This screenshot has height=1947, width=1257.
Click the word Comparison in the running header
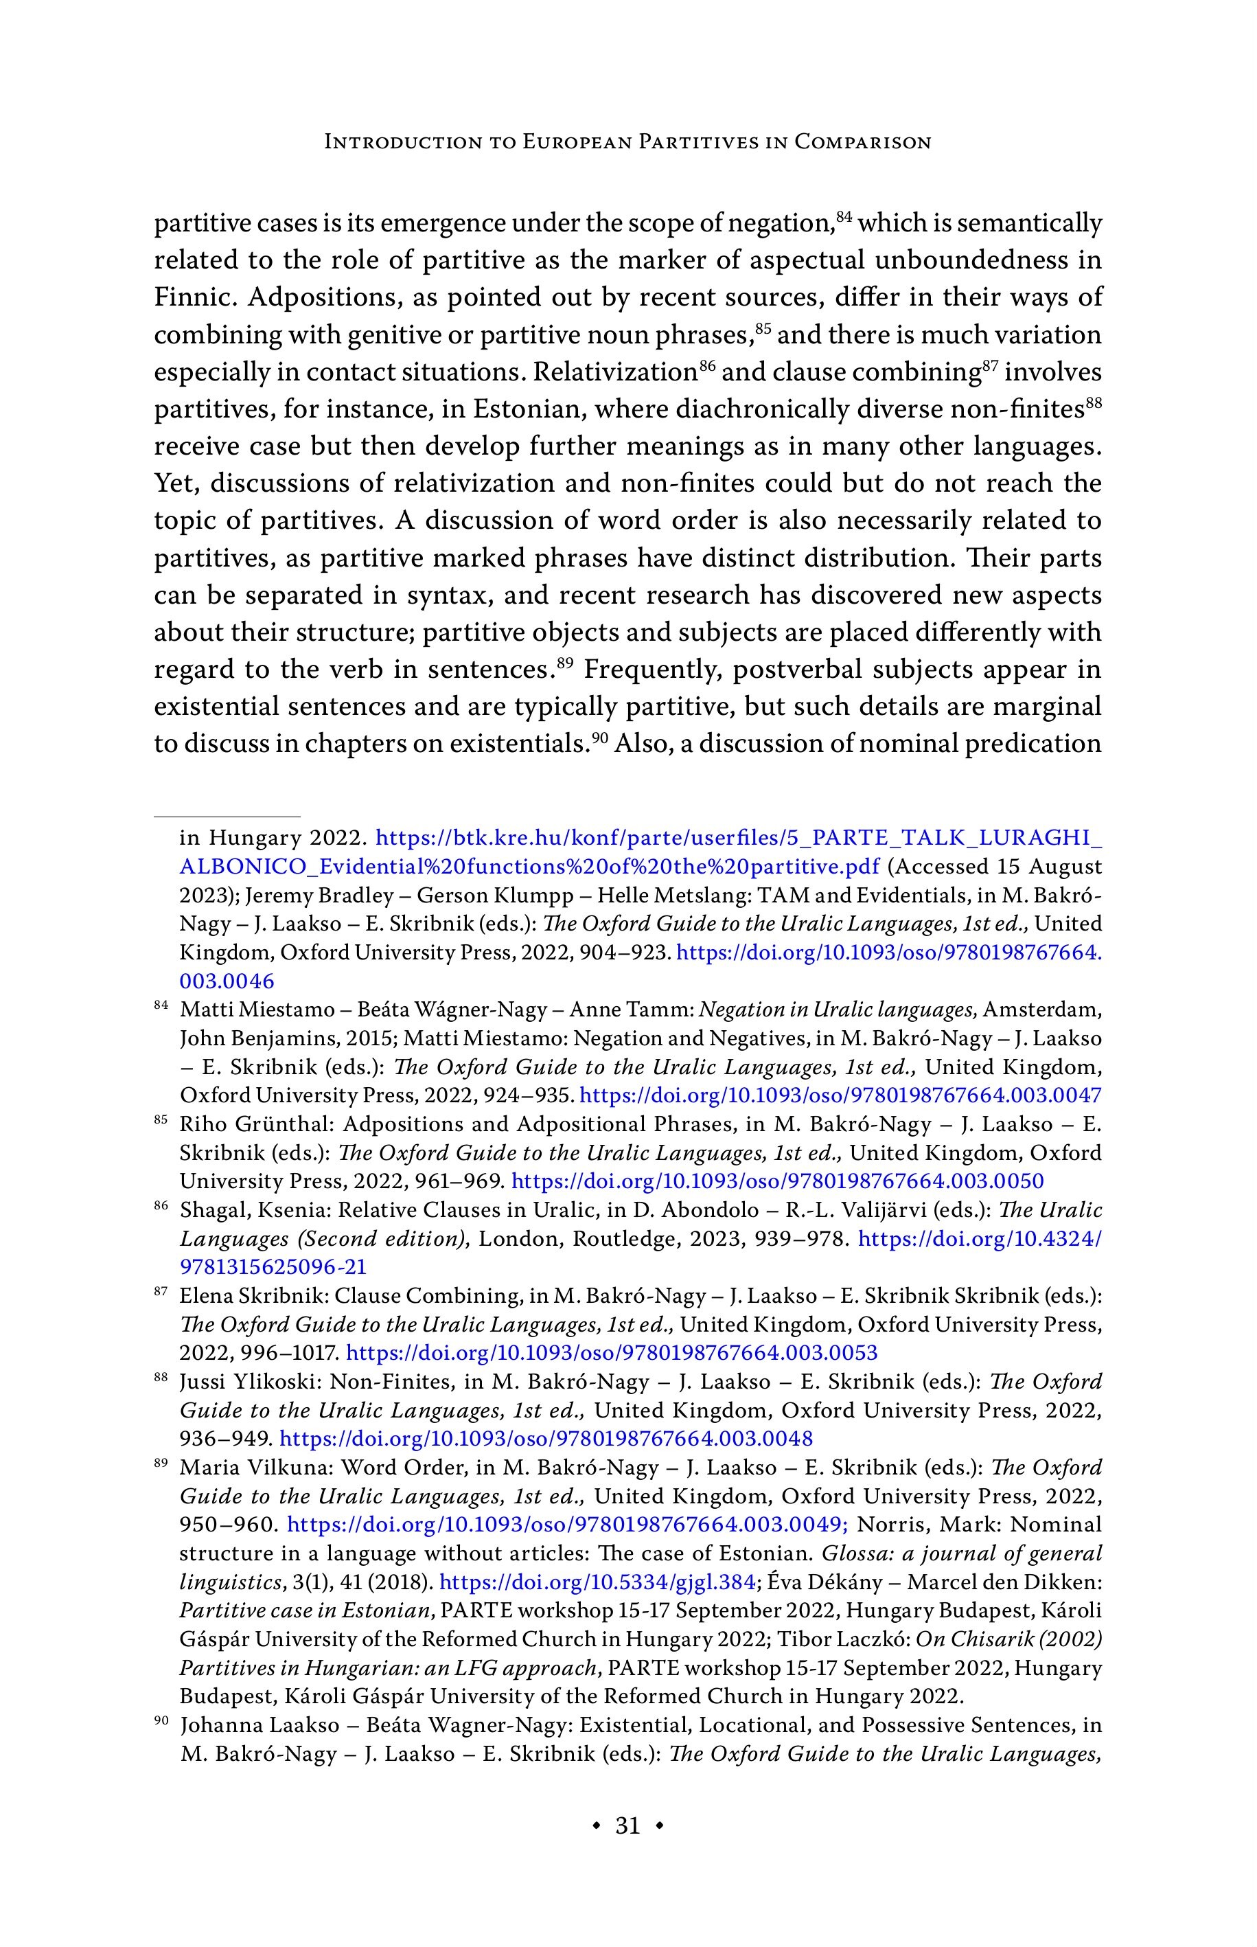tap(863, 142)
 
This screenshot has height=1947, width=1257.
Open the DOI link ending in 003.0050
tap(777, 1181)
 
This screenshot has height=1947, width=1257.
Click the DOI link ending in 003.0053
tap(612, 1353)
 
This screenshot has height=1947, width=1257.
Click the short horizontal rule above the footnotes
tap(228, 815)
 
